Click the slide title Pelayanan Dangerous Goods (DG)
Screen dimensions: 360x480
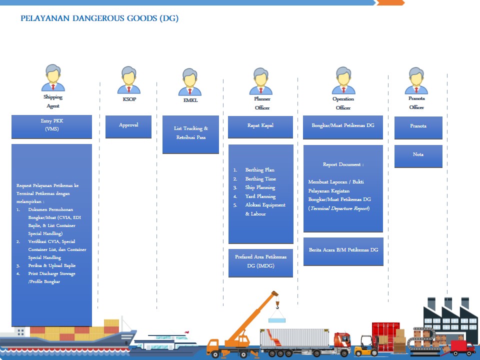tap(99, 19)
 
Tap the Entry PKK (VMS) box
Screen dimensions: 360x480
tap(51, 126)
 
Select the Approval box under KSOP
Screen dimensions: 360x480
tap(128, 126)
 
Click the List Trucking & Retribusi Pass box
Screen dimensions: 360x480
tap(190, 134)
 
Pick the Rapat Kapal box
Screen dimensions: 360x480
tap(260, 126)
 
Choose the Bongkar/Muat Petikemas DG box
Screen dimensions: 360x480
tap(342, 126)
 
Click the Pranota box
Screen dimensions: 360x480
tap(418, 127)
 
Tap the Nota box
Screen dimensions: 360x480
tap(418, 155)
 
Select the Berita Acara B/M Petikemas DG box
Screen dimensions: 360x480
tap(343, 250)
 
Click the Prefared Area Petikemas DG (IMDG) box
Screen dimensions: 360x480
tap(260, 262)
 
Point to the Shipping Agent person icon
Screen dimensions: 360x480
tap(53, 78)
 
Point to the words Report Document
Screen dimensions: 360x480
tap(343, 164)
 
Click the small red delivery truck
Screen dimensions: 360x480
tap(462, 347)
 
